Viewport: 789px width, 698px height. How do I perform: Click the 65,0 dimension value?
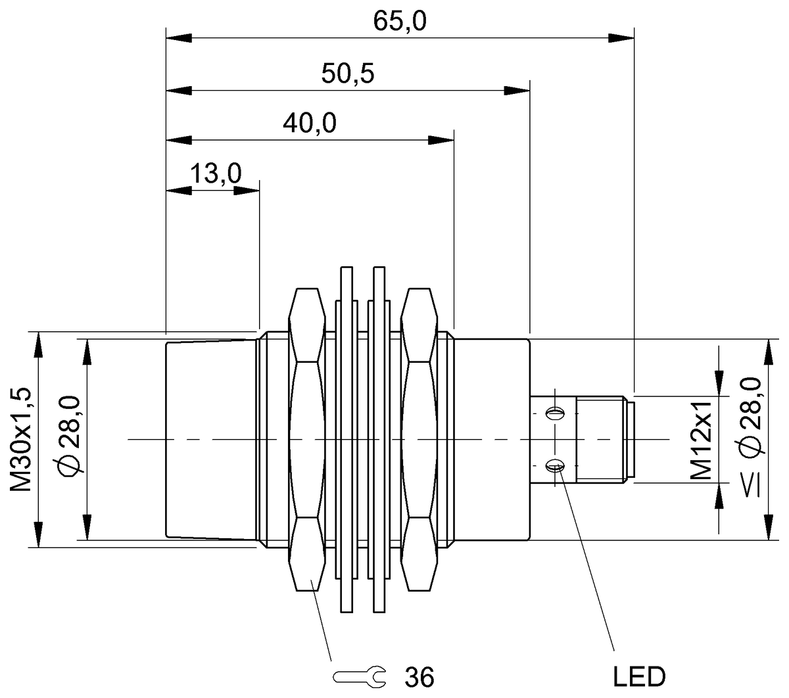pos(400,22)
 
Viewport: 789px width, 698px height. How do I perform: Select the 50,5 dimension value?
pos(348,73)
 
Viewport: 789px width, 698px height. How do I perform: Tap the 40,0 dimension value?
pos(310,123)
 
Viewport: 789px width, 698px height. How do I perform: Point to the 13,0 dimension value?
pos(216,174)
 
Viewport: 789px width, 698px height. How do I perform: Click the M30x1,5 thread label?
pos(22,439)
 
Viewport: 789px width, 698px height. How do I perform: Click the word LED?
pos(639,676)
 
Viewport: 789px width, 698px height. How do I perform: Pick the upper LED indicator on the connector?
pos(556,413)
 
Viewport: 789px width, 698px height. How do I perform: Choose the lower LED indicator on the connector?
pos(556,466)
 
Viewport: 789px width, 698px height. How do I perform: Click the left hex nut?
pos(307,439)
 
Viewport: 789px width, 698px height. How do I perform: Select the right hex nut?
pos(419,439)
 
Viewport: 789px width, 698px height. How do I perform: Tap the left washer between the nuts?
pos(347,439)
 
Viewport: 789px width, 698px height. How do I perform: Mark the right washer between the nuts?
pos(379,439)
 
